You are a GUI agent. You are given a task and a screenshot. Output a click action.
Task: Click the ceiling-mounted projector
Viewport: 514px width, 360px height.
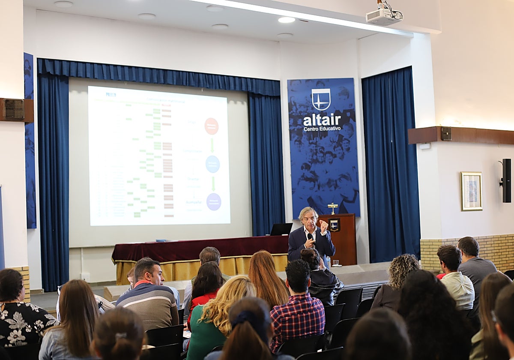(383, 16)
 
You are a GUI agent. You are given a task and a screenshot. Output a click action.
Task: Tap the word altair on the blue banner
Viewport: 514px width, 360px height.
(322, 120)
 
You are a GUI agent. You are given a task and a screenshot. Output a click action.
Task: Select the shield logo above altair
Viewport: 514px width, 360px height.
(321, 99)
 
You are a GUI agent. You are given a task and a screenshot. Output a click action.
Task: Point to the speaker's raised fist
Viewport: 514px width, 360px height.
(324, 226)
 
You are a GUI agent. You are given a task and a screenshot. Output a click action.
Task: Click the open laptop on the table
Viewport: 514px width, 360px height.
(281, 229)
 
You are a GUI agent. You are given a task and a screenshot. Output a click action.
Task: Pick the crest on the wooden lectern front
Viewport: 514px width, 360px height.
(334, 225)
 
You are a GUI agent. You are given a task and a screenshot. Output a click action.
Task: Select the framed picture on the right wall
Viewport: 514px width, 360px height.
(471, 191)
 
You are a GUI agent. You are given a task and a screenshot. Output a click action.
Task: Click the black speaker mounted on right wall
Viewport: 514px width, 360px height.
(506, 180)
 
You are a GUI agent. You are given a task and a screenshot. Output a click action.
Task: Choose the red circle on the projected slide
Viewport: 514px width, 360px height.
(211, 126)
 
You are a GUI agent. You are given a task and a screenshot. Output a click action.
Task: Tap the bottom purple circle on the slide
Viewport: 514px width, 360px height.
(213, 202)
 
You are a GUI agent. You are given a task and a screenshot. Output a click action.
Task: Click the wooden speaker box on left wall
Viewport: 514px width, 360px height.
(16, 110)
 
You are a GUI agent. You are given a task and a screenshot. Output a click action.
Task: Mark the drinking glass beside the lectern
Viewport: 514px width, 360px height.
(335, 263)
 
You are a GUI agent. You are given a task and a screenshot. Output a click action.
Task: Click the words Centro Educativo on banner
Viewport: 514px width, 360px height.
(322, 128)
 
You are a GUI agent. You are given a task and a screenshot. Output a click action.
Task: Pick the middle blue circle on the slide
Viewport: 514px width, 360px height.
(212, 164)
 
